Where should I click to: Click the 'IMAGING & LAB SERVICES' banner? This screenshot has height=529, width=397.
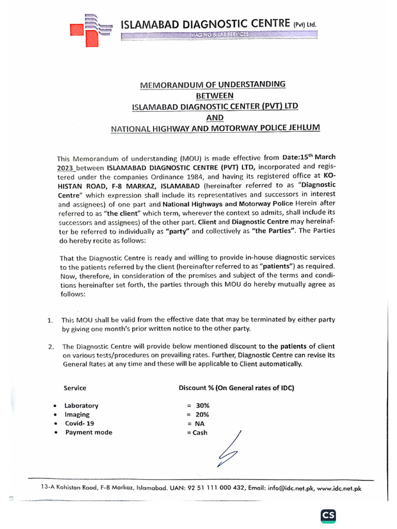tap(218, 35)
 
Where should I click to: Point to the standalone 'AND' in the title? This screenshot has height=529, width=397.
tap(215, 117)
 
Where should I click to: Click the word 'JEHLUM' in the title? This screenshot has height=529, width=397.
tap(303, 128)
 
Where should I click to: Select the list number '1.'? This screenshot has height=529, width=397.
tap(50, 321)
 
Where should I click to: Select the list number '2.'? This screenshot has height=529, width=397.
tap(50, 347)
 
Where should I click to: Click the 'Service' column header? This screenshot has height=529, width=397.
tap(75, 387)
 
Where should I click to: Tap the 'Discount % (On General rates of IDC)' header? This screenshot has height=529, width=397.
tap(236, 387)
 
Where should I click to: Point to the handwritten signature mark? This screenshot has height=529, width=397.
tap(229, 448)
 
